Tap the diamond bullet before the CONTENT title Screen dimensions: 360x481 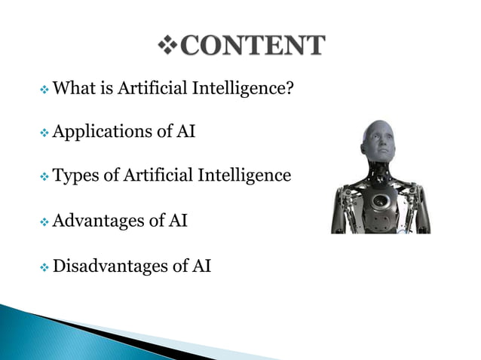[168, 46]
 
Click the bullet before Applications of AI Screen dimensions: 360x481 [44, 133]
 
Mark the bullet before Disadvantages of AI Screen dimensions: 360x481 [44, 267]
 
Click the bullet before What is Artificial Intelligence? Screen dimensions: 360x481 [44, 90]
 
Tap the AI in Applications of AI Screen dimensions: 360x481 [185, 132]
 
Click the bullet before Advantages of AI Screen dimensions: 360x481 [44, 222]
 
